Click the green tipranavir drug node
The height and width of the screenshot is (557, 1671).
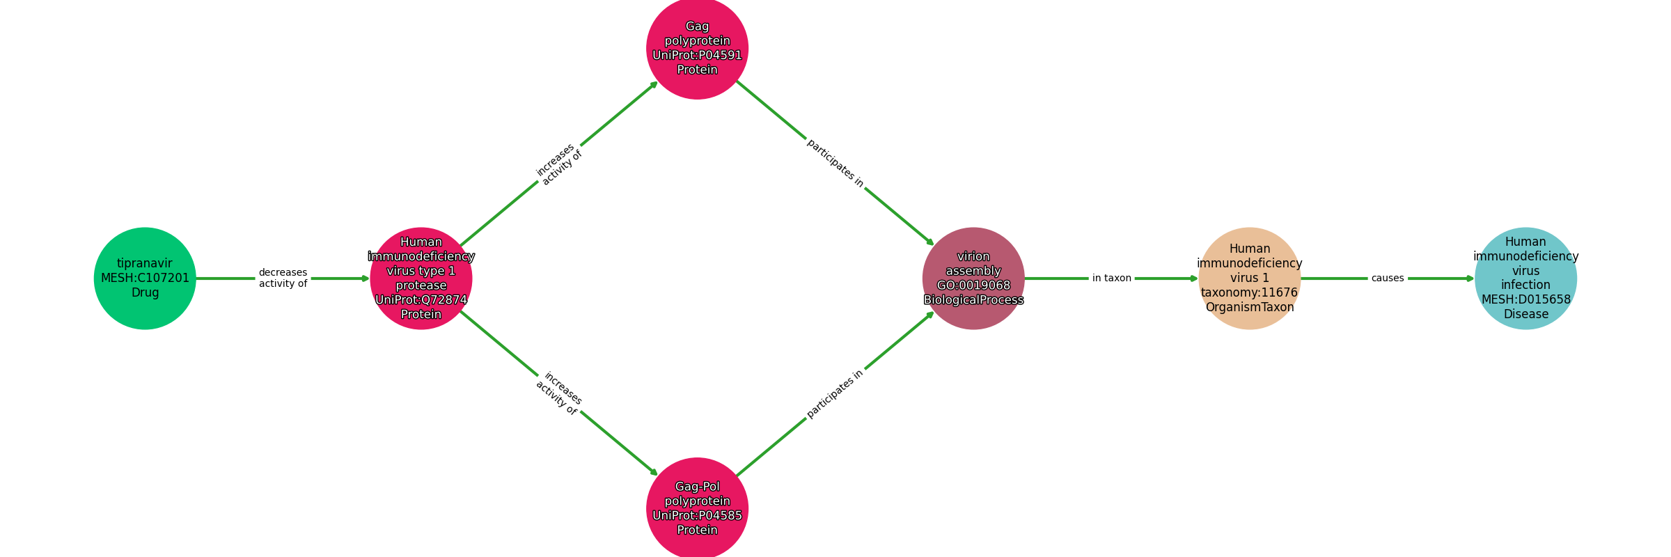[x=145, y=278]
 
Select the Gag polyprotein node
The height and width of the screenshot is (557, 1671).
[x=697, y=48]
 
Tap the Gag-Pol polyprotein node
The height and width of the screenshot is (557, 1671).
[x=697, y=508]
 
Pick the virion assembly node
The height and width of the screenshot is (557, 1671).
[x=973, y=278]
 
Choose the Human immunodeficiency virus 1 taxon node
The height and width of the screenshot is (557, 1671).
[x=1249, y=278]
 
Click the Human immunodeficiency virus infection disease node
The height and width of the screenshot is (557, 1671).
[x=1525, y=278]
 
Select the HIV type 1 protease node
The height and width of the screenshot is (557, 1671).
[x=421, y=278]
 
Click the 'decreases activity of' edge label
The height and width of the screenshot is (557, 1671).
[x=283, y=278]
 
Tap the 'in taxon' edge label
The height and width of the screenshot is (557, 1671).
[x=1111, y=278]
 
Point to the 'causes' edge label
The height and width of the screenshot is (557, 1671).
[x=1388, y=278]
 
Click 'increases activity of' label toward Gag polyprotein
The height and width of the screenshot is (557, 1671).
[x=558, y=164]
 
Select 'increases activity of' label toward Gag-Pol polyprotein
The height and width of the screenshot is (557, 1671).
[x=558, y=393]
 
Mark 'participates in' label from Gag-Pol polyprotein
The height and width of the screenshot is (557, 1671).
[x=835, y=393]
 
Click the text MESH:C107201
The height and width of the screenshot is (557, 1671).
[x=145, y=278]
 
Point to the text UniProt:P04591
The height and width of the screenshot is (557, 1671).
[x=697, y=55]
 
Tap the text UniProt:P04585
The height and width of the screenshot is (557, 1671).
[x=697, y=515]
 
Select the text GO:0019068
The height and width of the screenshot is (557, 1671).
[x=973, y=285]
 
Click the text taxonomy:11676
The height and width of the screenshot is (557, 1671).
[x=1249, y=292]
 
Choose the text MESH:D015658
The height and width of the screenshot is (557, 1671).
[x=1525, y=299]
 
